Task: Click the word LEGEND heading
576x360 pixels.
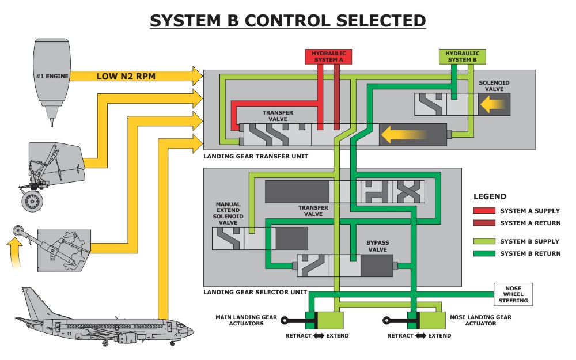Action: (x=490, y=196)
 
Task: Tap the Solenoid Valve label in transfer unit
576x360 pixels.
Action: (x=494, y=86)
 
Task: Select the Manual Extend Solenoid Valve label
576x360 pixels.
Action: (x=228, y=213)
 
